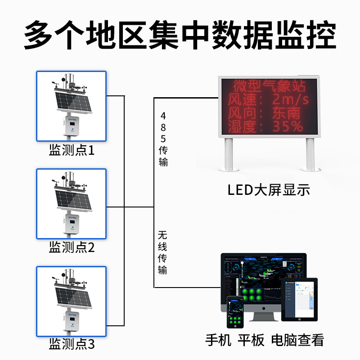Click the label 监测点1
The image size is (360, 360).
[x=72, y=150]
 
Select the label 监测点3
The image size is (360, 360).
[x=72, y=345]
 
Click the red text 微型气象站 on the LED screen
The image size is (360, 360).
[x=267, y=85]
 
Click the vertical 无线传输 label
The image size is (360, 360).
[x=162, y=252]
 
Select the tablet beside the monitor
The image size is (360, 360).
[x=299, y=299]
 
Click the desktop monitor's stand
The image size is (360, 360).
[x=263, y=315]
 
